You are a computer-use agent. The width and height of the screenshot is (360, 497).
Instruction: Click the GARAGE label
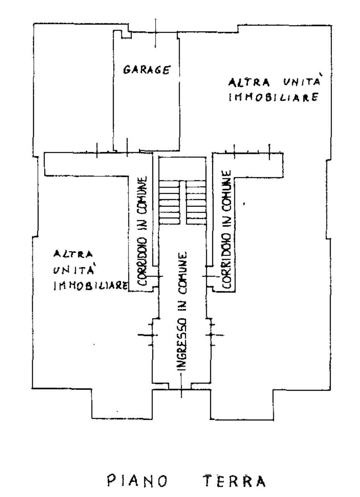pos(146,69)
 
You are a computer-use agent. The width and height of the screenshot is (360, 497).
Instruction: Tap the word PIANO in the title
pos(137,481)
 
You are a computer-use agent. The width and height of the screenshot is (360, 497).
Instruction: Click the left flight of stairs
pos(170,202)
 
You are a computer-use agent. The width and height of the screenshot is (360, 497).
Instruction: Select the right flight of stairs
pos(196,202)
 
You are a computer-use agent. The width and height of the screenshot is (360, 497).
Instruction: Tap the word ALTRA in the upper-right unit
pos(249,82)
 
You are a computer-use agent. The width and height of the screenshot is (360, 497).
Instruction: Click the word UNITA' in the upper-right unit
pos(302,81)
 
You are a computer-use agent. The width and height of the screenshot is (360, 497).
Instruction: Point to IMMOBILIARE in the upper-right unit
pos(273,97)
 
